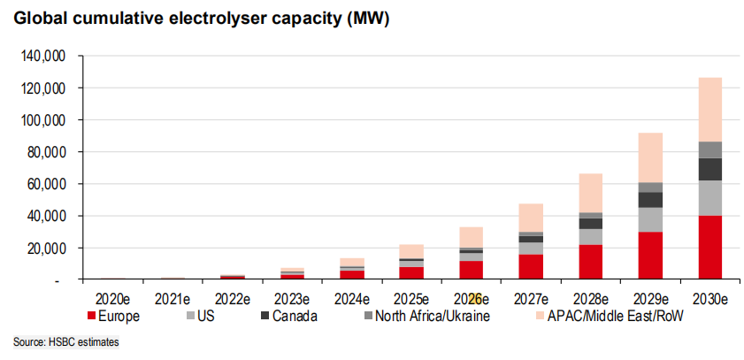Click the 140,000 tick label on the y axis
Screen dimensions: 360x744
[42, 56]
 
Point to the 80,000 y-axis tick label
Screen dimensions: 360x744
[45, 152]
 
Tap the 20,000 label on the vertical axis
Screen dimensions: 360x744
[45, 248]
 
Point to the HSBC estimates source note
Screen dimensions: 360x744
[66, 342]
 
